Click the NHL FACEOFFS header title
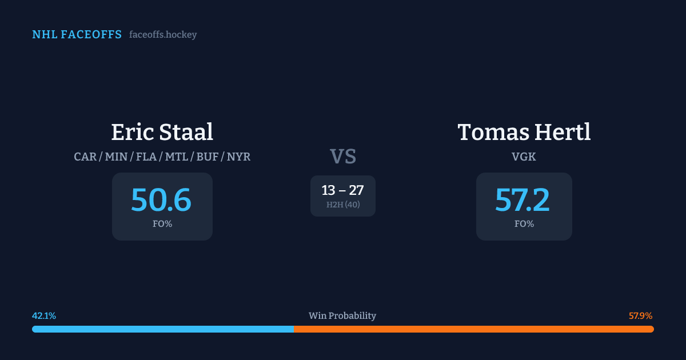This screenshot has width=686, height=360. click(x=77, y=35)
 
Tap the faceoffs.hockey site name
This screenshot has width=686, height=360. click(x=163, y=35)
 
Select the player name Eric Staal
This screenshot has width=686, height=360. click(x=162, y=132)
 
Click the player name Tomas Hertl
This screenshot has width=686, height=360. click(x=524, y=132)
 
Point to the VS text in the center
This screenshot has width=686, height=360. click(x=343, y=157)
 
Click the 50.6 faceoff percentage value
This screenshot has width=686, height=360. click(x=161, y=200)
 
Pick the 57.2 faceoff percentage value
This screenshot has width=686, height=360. click(x=523, y=200)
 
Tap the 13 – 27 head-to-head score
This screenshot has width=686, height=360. click(x=342, y=190)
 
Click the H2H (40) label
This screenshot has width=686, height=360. click(x=343, y=205)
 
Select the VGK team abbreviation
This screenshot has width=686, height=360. click(x=524, y=157)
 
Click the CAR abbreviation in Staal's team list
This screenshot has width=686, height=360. click(x=85, y=157)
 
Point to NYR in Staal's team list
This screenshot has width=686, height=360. click(x=238, y=157)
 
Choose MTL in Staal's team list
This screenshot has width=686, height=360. click(x=177, y=157)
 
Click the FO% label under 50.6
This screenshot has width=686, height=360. click(x=162, y=224)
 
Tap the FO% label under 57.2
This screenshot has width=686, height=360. click(x=524, y=224)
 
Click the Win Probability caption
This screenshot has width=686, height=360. click(x=342, y=316)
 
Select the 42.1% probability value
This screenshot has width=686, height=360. click(x=44, y=316)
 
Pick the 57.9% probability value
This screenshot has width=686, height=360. click(x=640, y=316)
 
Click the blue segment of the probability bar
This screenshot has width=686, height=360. click(x=163, y=329)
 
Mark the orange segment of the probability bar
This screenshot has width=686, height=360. click(x=473, y=329)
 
